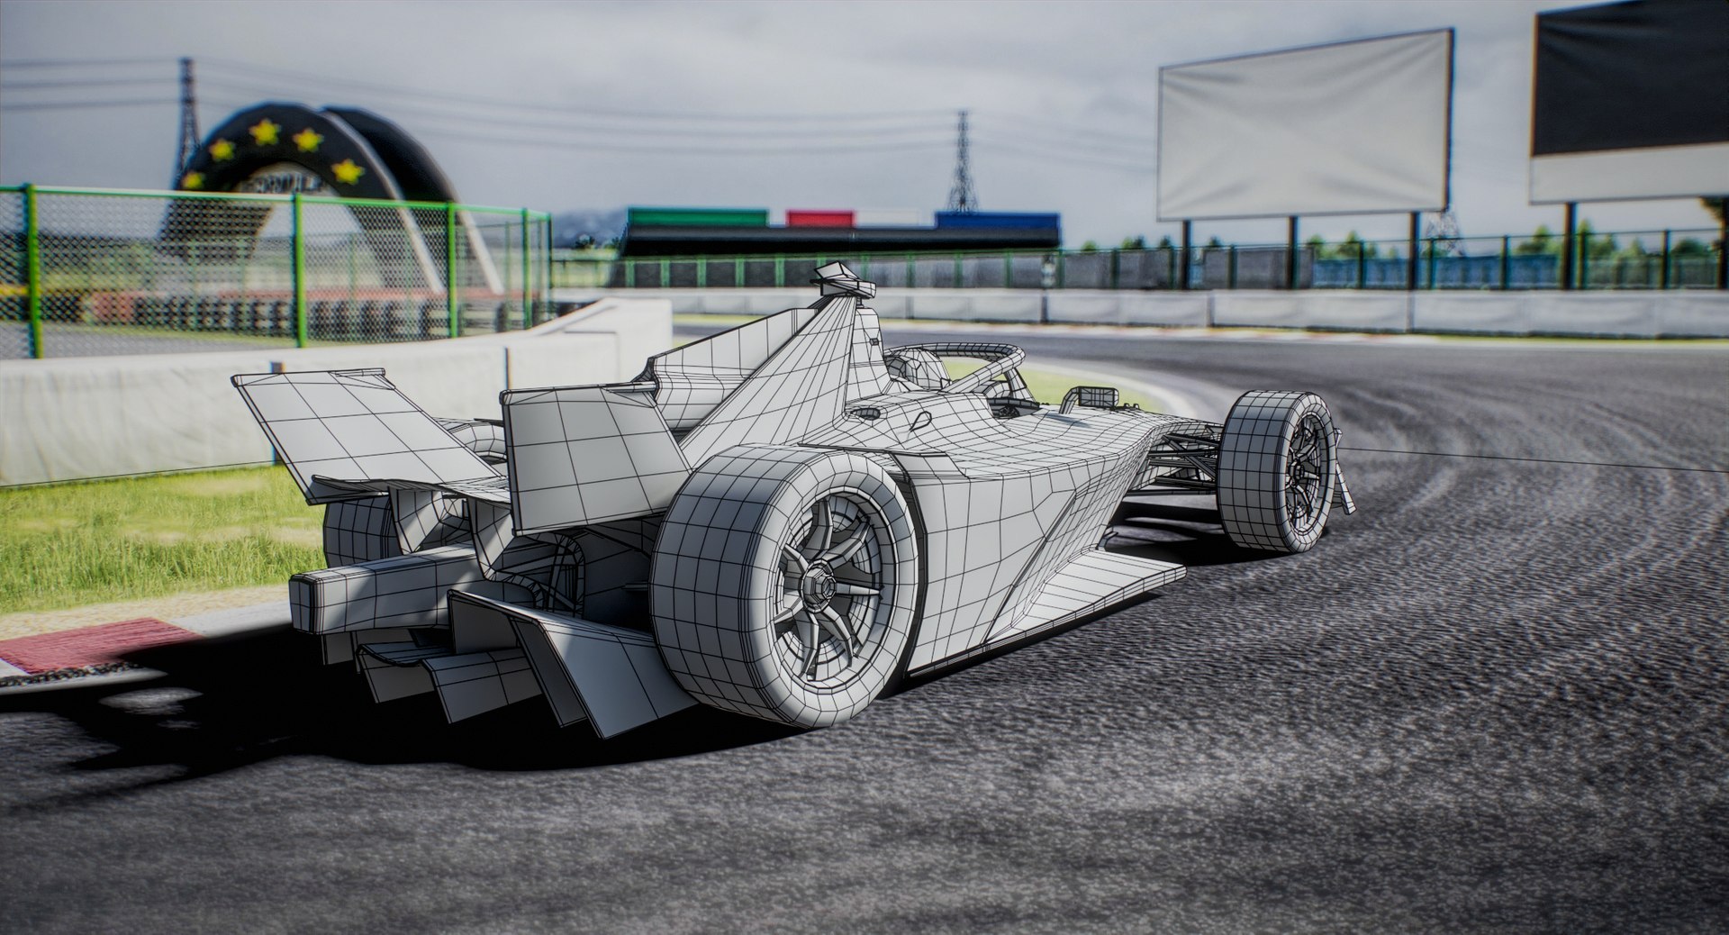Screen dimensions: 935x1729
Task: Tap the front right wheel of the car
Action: [1279, 470]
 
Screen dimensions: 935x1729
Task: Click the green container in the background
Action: [697, 217]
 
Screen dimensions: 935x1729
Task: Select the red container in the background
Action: [819, 218]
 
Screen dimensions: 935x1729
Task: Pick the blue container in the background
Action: [996, 219]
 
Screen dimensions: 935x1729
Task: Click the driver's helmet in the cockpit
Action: [914, 368]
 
